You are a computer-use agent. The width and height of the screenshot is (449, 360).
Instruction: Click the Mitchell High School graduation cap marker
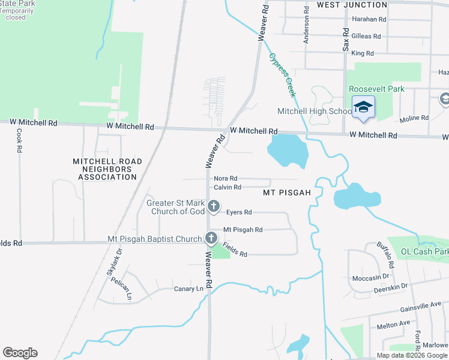click(x=363, y=107)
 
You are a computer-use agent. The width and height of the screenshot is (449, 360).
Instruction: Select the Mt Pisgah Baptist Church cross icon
click(x=211, y=238)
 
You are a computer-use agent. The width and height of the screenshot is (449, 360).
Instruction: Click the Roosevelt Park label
click(x=376, y=89)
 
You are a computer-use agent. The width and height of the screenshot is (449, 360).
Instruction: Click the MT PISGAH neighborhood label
click(x=287, y=193)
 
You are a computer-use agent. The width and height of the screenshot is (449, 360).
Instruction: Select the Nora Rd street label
click(x=226, y=179)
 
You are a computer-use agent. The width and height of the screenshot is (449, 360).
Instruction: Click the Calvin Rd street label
click(x=228, y=187)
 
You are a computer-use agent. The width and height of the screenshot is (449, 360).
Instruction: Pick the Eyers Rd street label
click(x=239, y=212)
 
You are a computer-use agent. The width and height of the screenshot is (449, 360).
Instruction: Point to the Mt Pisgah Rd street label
click(x=243, y=230)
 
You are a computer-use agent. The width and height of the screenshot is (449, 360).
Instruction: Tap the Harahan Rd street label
click(x=369, y=19)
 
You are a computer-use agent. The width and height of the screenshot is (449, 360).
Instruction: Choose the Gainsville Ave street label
click(x=421, y=307)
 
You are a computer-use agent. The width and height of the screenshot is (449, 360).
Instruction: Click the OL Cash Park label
click(x=425, y=251)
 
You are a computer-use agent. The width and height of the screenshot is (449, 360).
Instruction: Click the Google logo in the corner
click(x=20, y=353)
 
